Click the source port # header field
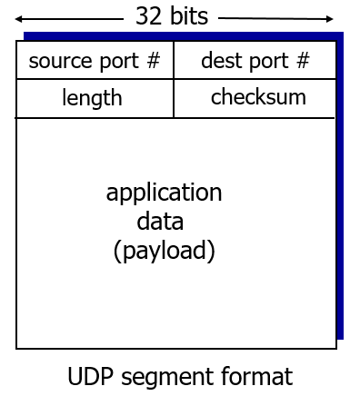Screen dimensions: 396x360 (95, 61)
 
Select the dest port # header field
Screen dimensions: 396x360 (255, 61)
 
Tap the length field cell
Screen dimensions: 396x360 (92, 98)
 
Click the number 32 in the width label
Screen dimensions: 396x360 (147, 16)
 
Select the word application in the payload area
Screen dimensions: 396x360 (164, 193)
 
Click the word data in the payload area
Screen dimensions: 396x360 (160, 221)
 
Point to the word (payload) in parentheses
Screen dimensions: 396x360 (164, 250)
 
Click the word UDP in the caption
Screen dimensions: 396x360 (87, 376)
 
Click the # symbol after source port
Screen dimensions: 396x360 (153, 61)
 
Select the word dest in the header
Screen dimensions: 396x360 (218, 61)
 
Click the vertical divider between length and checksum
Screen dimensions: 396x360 (174, 98)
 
